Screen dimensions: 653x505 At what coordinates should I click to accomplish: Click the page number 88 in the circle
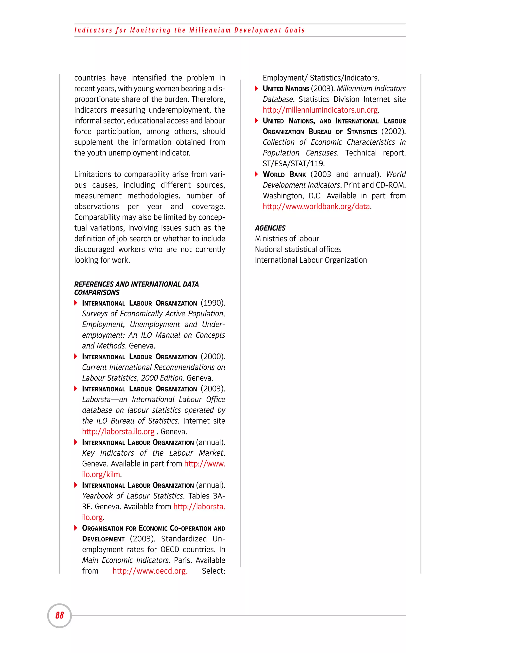click(x=59, y=615)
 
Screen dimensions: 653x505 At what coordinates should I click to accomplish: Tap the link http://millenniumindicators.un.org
click(x=320, y=110)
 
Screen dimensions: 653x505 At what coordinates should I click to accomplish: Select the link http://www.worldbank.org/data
click(x=316, y=206)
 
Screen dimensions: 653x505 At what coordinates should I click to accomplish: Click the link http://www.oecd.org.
click(x=150, y=571)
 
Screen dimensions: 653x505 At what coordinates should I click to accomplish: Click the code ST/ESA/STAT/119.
click(x=293, y=164)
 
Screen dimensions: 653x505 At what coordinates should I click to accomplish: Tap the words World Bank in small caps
click(x=284, y=174)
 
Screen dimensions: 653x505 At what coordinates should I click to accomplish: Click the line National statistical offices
click(x=298, y=249)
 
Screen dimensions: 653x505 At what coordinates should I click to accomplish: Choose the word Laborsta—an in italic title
click(x=104, y=399)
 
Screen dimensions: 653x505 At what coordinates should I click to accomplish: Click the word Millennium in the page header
click(x=210, y=30)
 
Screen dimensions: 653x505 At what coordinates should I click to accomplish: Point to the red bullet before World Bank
click(x=256, y=174)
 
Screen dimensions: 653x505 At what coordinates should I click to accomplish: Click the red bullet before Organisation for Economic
click(x=76, y=528)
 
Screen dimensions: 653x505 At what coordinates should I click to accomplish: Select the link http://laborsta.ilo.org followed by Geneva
click(x=118, y=432)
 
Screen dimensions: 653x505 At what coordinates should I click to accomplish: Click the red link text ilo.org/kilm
click(x=101, y=475)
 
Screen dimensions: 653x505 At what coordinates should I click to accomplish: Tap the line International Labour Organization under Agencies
click(x=310, y=260)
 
